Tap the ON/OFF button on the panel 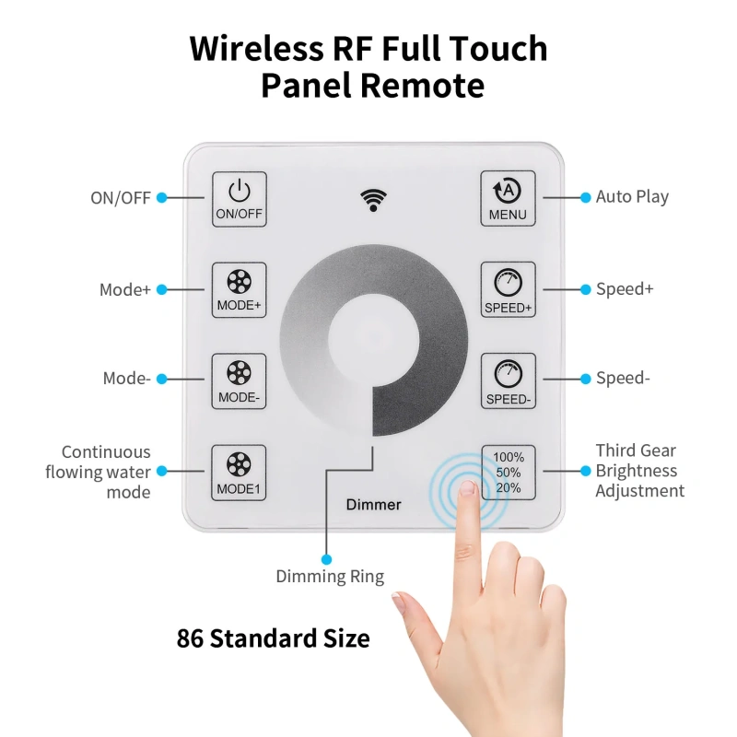[240, 199]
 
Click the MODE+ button [240, 290]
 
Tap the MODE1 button [240, 473]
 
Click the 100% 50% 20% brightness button [509, 472]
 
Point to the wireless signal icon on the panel [373, 199]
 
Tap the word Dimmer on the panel [373, 505]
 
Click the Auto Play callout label [632, 196]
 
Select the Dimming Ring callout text [330, 577]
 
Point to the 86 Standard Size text [273, 638]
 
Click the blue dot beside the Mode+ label [161, 289]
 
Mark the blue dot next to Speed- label [584, 379]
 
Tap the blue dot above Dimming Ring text [325, 558]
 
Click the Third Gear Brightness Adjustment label [639, 471]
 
